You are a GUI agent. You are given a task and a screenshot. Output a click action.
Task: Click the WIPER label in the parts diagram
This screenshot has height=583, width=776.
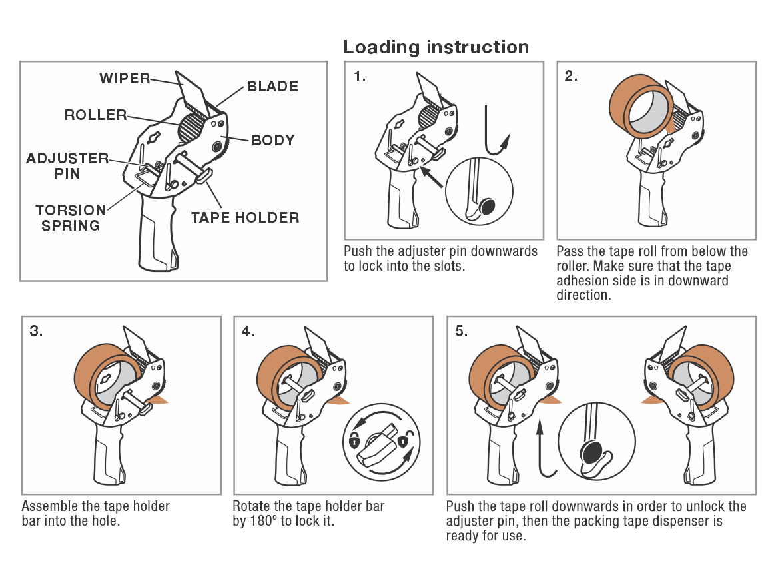(124, 78)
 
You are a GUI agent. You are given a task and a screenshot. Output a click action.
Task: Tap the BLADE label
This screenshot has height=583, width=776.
(272, 86)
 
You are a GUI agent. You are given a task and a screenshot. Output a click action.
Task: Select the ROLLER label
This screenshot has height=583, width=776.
(95, 115)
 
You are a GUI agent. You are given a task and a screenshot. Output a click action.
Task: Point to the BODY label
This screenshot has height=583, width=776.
(273, 140)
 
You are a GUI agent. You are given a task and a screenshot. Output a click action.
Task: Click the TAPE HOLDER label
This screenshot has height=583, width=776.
(246, 217)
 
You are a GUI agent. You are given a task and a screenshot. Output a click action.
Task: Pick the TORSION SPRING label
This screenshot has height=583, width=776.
(71, 218)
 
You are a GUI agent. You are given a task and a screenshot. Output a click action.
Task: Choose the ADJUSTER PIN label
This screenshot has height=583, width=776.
(67, 166)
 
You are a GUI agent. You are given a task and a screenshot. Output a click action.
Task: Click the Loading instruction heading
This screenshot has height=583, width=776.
(436, 47)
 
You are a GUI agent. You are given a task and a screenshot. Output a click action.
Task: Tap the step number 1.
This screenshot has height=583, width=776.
(360, 76)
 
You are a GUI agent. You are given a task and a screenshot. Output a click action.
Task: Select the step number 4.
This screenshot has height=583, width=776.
(248, 331)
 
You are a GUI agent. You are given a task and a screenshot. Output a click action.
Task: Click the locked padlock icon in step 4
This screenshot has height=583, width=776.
(353, 440)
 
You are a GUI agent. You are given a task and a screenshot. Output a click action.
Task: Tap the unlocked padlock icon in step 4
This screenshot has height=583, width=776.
(405, 438)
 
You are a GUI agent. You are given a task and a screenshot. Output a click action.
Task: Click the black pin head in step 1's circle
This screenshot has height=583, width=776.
(487, 206)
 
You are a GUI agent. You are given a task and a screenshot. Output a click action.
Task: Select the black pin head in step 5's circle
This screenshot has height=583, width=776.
(591, 452)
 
